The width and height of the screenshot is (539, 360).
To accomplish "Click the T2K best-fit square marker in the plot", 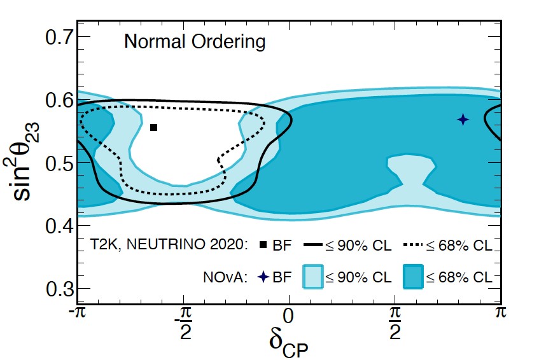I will point(153,128).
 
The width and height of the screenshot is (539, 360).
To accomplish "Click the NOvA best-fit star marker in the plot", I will point(463,119).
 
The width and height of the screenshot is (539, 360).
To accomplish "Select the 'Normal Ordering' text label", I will point(194,43).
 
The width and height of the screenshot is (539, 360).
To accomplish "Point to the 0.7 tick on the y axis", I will point(59,37).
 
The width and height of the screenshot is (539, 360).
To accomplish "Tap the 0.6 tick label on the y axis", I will point(59,100).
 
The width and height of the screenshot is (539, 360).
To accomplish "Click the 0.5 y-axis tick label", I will point(59,163).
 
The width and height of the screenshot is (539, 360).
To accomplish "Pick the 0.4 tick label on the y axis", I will point(59,226).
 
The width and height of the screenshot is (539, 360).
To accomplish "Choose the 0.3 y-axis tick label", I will point(59,288).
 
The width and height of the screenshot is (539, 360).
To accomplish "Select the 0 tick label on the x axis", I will point(289,314).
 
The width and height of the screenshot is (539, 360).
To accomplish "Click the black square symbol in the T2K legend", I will point(263,245).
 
